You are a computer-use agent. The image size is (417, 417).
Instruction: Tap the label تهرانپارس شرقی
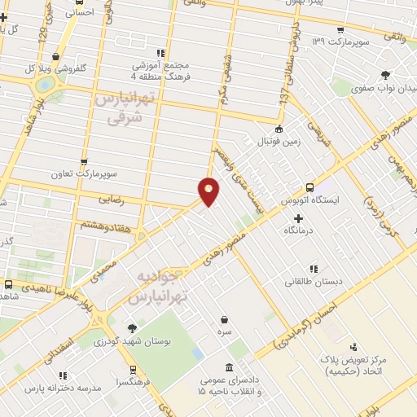click(125, 108)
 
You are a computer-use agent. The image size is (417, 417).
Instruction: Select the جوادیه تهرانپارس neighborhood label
click(161, 284)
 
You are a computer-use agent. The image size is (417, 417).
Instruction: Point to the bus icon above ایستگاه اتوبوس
click(309, 186)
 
